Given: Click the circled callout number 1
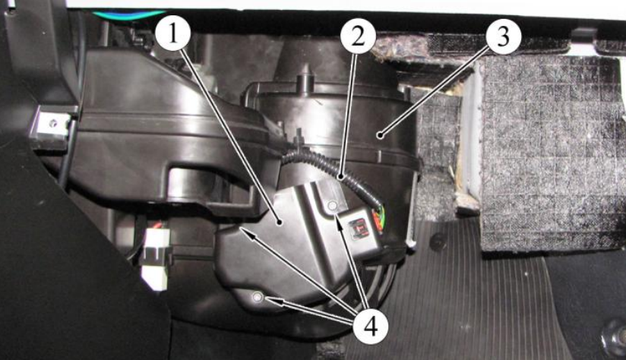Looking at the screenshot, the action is pos(172,34).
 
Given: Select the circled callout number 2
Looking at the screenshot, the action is pos(358,36).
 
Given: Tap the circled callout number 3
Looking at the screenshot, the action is pos(503,36).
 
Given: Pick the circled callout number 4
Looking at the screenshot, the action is pos(371,327).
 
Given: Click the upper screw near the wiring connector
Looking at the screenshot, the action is pos(332,206).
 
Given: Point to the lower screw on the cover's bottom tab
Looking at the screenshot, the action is pos(257,296).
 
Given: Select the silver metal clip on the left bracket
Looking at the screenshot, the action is pos(52,124).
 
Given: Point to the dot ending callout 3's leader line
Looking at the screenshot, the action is pos(381,136).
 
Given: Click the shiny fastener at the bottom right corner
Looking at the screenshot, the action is pos(614,334).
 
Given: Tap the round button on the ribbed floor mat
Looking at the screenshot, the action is pos(438,242).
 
